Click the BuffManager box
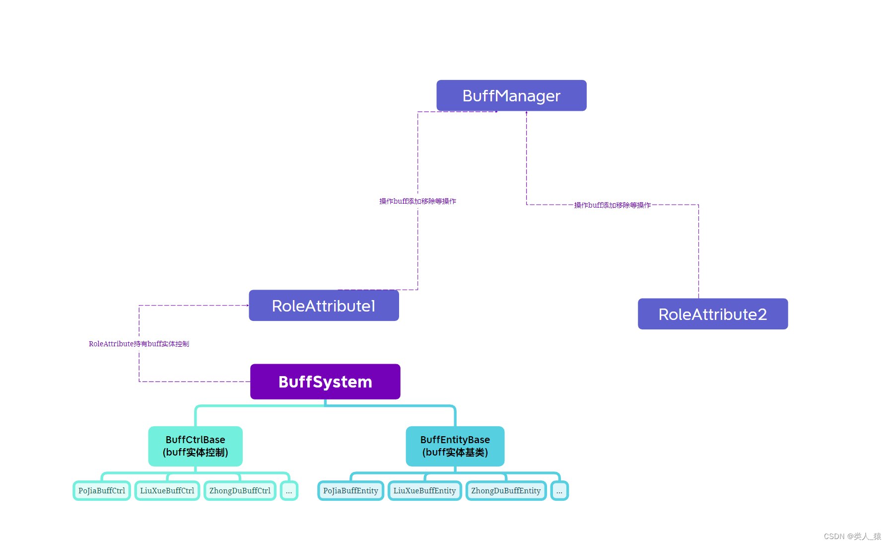[511, 95]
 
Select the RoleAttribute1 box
[324, 306]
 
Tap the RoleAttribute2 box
[712, 314]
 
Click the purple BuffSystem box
[325, 382]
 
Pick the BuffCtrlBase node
[195, 446]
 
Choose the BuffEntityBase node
[455, 446]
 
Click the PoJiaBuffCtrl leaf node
[102, 491]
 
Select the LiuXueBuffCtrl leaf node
[167, 491]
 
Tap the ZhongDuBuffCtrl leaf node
[240, 491]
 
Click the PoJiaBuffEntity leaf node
[350, 491]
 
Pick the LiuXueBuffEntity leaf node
[424, 491]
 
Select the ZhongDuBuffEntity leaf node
[506, 491]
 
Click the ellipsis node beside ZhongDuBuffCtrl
[289, 491]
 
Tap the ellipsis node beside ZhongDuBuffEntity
[559, 491]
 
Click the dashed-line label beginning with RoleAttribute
[138, 344]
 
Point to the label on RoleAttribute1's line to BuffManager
[417, 201]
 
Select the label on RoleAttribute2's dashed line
[612, 205]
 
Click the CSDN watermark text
[852, 537]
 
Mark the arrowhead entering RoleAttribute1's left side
[248, 306]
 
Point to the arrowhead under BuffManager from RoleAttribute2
[527, 113]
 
